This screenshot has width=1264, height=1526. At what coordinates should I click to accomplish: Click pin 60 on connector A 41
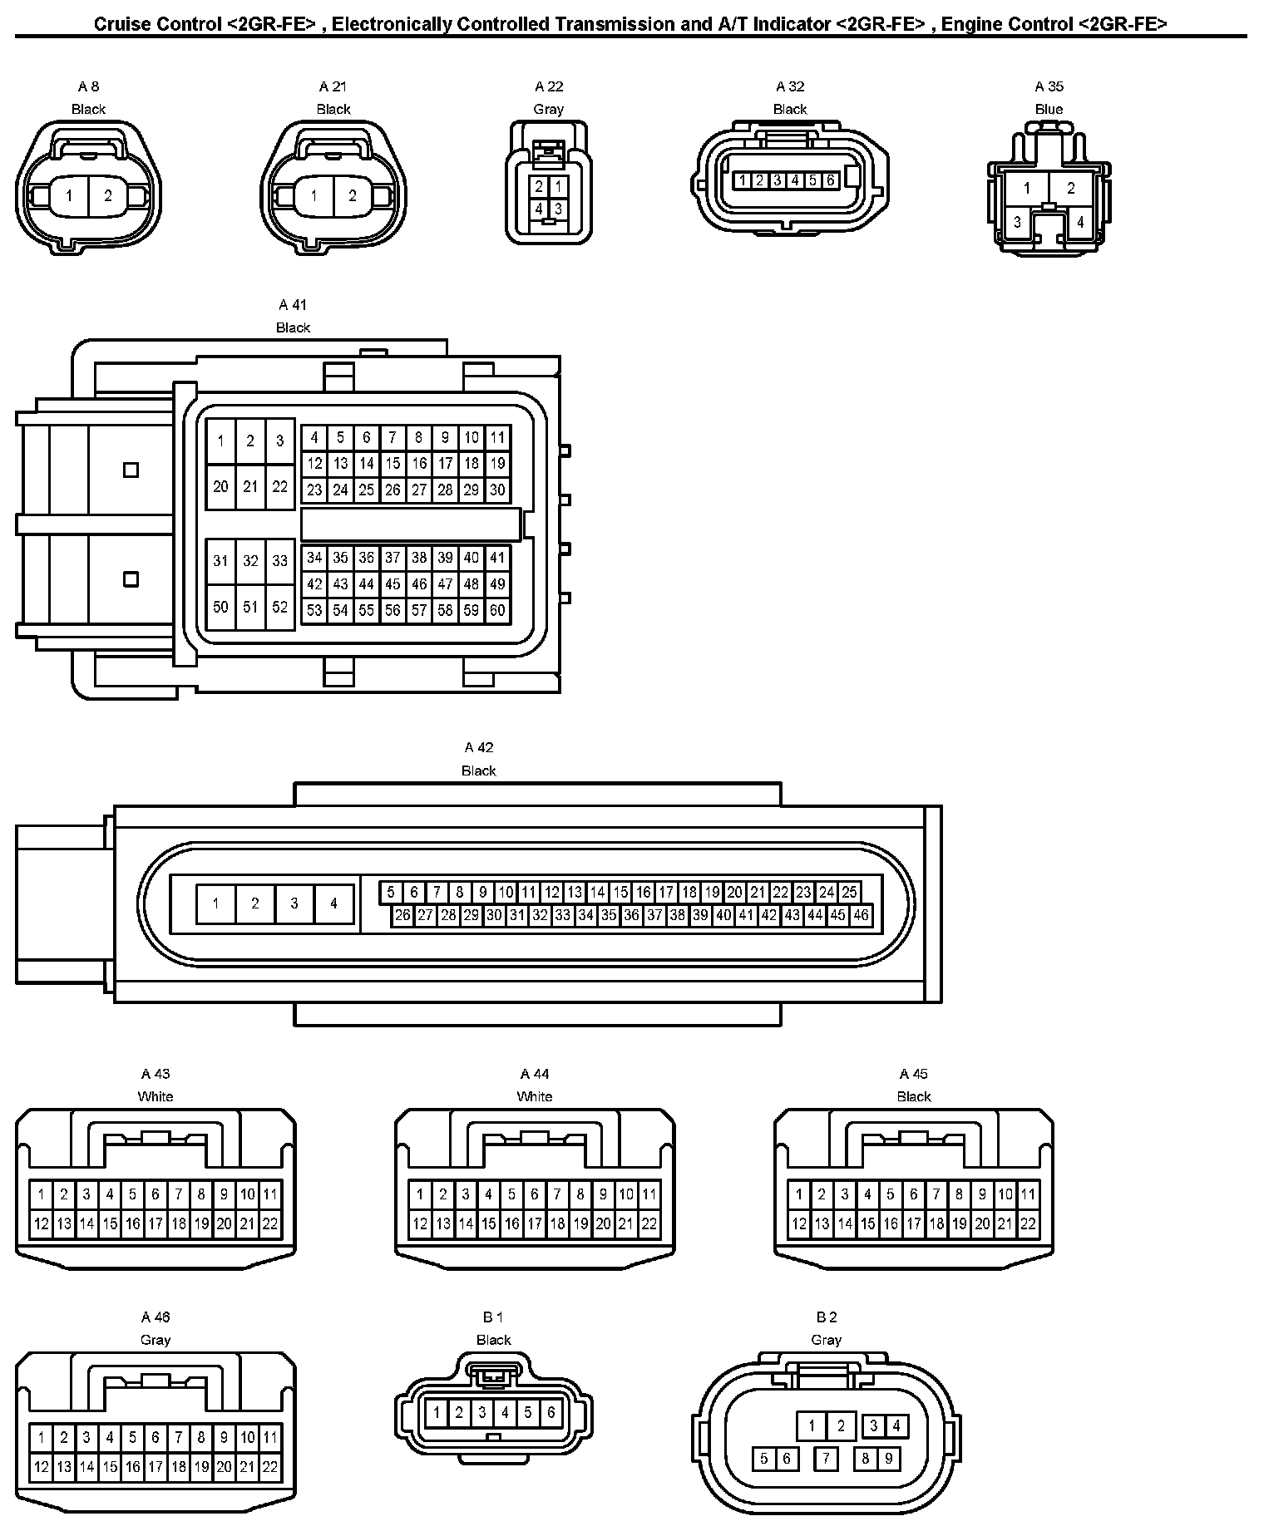pos(496,610)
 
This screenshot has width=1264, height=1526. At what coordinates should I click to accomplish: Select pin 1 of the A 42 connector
pos(216,903)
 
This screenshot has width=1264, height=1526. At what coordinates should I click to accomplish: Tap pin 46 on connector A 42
pos(861,915)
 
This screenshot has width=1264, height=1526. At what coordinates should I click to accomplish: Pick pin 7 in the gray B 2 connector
pos(826,1458)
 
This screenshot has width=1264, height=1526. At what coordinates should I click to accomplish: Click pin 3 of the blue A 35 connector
pos(1017,222)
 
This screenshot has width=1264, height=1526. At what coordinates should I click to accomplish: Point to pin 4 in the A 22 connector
pos(539,209)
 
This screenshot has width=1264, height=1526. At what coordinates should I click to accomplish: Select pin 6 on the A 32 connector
pos(830,180)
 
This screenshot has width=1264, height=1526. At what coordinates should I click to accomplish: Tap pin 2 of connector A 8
pos(108,196)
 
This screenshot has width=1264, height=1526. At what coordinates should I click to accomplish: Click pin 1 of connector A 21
pos(314,196)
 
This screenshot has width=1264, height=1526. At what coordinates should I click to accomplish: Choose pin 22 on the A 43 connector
pos(270,1223)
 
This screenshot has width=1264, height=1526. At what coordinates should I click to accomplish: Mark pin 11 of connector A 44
pos(649,1195)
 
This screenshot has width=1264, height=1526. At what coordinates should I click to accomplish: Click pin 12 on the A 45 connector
pos(799,1223)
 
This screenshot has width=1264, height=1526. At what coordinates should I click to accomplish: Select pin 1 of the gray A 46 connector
pos(41,1438)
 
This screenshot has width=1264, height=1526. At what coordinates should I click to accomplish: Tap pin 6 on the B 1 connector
pos(551,1412)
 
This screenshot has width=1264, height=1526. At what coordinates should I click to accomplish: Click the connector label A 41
pos(293,305)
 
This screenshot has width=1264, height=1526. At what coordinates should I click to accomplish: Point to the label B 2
pos(826,1317)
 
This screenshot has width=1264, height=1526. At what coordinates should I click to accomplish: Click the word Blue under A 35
pos(1049,109)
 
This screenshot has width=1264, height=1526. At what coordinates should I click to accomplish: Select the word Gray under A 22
pos(548,109)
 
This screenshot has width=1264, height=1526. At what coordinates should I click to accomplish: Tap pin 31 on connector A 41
pos(220,561)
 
